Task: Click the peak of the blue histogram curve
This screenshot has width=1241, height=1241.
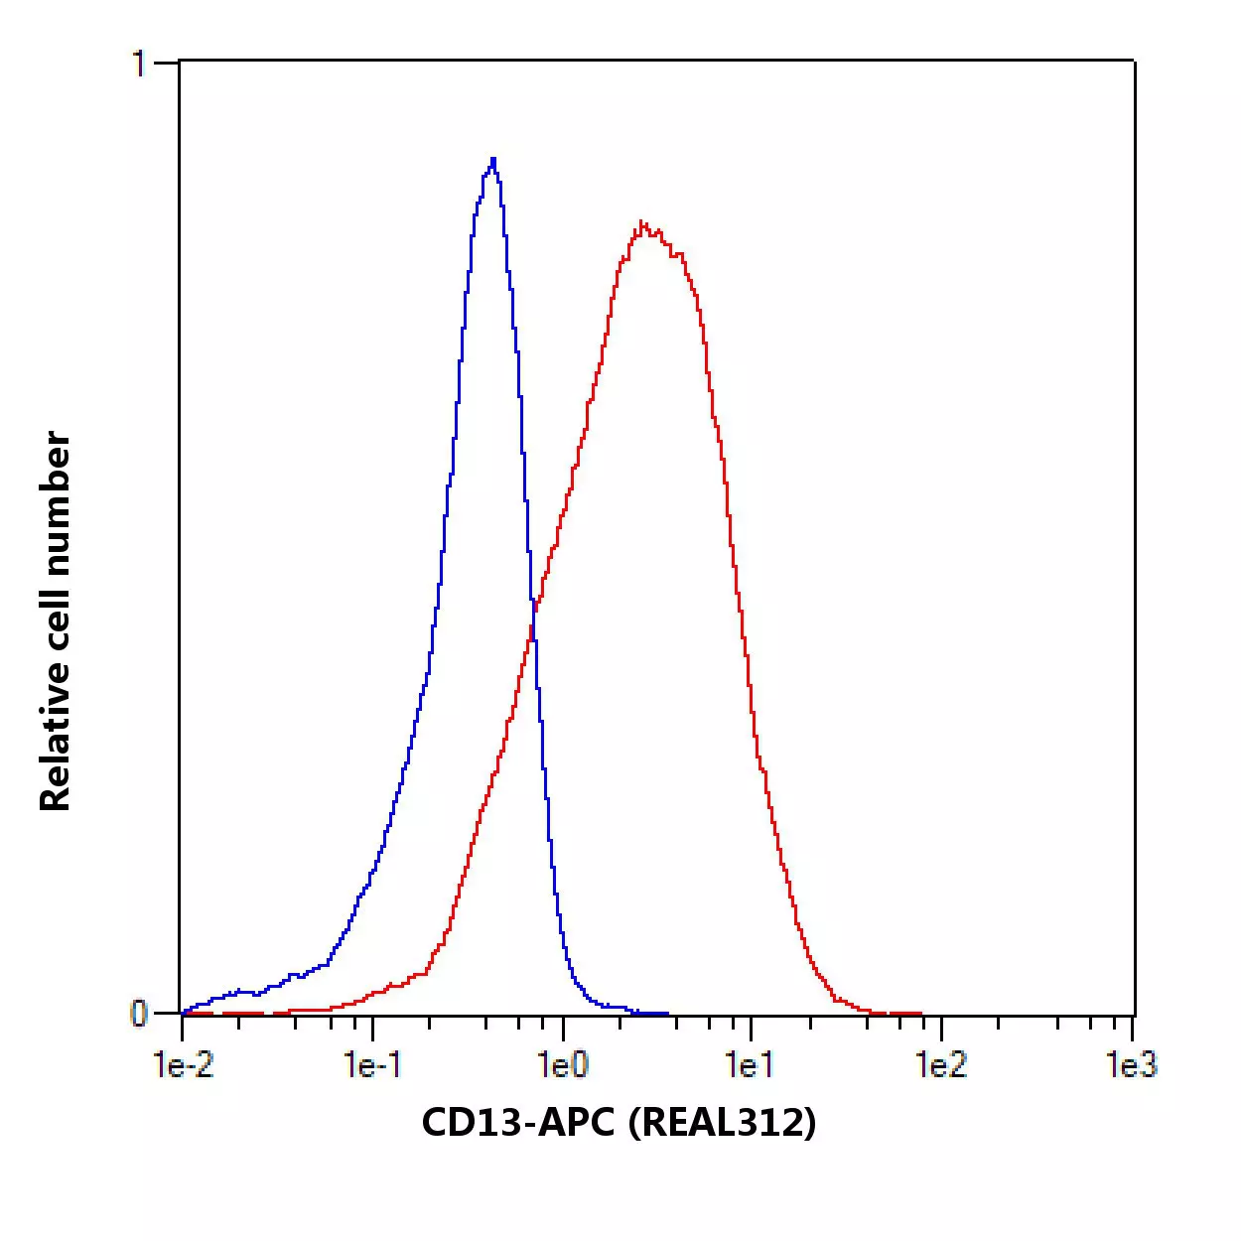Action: click(492, 159)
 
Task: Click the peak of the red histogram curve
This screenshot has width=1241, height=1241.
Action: click(643, 223)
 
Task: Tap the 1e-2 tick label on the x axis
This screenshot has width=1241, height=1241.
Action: click(184, 1065)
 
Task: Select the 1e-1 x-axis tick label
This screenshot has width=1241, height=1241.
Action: click(372, 1065)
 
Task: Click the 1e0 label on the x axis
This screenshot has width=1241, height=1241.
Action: click(563, 1065)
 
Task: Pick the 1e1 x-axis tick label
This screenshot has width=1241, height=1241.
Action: click(750, 1065)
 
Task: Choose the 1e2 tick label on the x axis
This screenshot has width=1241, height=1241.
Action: click(940, 1065)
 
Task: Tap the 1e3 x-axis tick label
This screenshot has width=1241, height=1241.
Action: click(1131, 1065)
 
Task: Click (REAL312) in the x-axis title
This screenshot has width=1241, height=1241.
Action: click(723, 1123)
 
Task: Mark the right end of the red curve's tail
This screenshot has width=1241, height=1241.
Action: click(919, 1013)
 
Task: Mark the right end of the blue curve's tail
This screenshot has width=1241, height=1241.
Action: click(667, 1013)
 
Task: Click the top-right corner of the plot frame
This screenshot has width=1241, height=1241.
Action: click(1134, 62)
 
